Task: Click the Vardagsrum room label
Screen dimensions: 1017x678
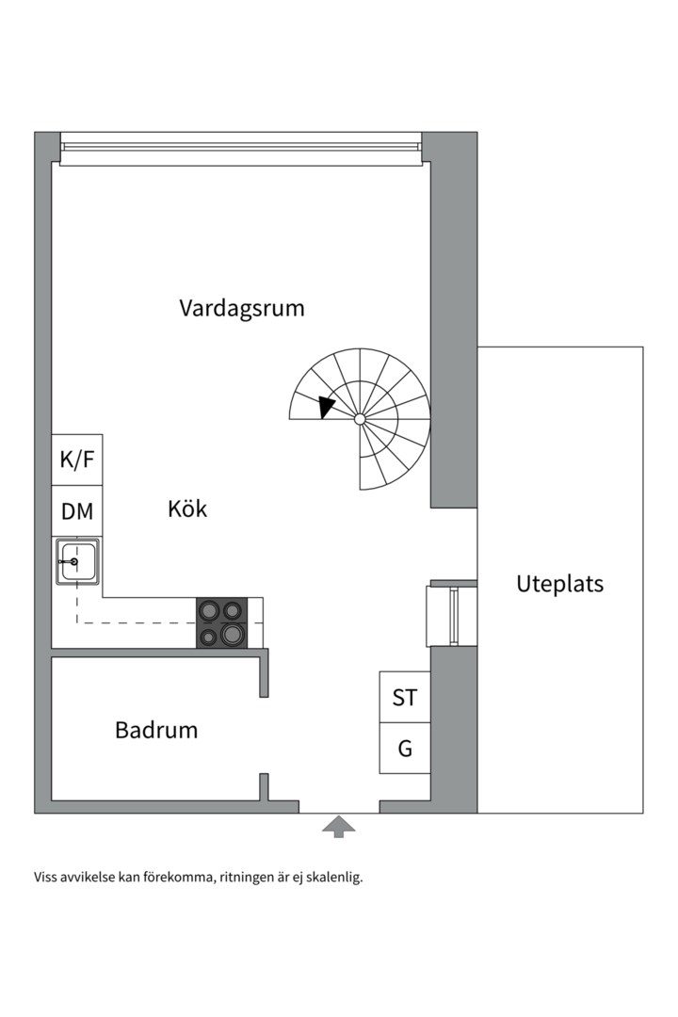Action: [242, 308]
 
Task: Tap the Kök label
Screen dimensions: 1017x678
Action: [187, 509]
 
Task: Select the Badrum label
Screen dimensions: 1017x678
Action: [156, 730]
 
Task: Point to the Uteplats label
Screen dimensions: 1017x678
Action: [559, 584]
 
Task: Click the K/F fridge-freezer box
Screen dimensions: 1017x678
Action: [77, 460]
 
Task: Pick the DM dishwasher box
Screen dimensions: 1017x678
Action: [77, 511]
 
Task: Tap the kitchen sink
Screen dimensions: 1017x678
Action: [77, 561]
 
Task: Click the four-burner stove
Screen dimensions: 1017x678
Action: [221, 623]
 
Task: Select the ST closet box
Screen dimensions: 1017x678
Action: [405, 698]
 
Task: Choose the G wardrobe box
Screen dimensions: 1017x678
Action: [405, 749]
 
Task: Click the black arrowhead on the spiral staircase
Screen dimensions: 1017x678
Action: [326, 407]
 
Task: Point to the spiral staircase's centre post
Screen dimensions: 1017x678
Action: [360, 418]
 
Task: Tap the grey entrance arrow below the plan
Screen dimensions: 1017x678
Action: [339, 827]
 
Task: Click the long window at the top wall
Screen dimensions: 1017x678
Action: [240, 148]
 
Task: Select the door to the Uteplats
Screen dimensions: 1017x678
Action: [453, 616]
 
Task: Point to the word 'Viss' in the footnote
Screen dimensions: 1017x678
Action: [46, 878]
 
